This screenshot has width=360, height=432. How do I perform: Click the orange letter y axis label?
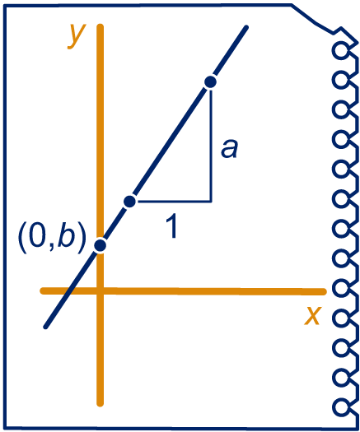click(x=77, y=37)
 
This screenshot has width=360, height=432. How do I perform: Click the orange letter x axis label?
click(x=313, y=315)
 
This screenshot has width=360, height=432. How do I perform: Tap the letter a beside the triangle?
click(x=229, y=149)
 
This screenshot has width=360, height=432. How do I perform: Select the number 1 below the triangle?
click(x=172, y=226)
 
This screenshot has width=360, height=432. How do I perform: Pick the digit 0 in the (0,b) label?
click(x=37, y=236)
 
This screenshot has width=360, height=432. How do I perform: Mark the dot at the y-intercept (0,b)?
click(x=101, y=245)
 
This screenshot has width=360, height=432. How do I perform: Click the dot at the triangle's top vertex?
click(x=211, y=82)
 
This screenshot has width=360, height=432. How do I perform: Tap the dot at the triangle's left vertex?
click(x=129, y=202)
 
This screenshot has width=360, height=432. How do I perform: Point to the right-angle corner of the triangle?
click(x=211, y=202)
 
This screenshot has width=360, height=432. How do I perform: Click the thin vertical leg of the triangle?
click(x=211, y=145)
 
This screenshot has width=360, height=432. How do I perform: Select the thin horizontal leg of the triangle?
click(x=174, y=202)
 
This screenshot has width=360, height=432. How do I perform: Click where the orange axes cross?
click(x=101, y=291)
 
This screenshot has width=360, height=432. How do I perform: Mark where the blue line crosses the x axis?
click(x=70, y=291)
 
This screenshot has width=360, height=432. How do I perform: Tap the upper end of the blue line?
click(x=246, y=27)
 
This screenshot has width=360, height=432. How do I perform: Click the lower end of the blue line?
click(x=46, y=327)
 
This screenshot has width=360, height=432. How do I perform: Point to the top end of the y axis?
click(x=101, y=26)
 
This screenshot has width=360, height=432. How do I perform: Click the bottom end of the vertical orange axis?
click(x=101, y=404)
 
